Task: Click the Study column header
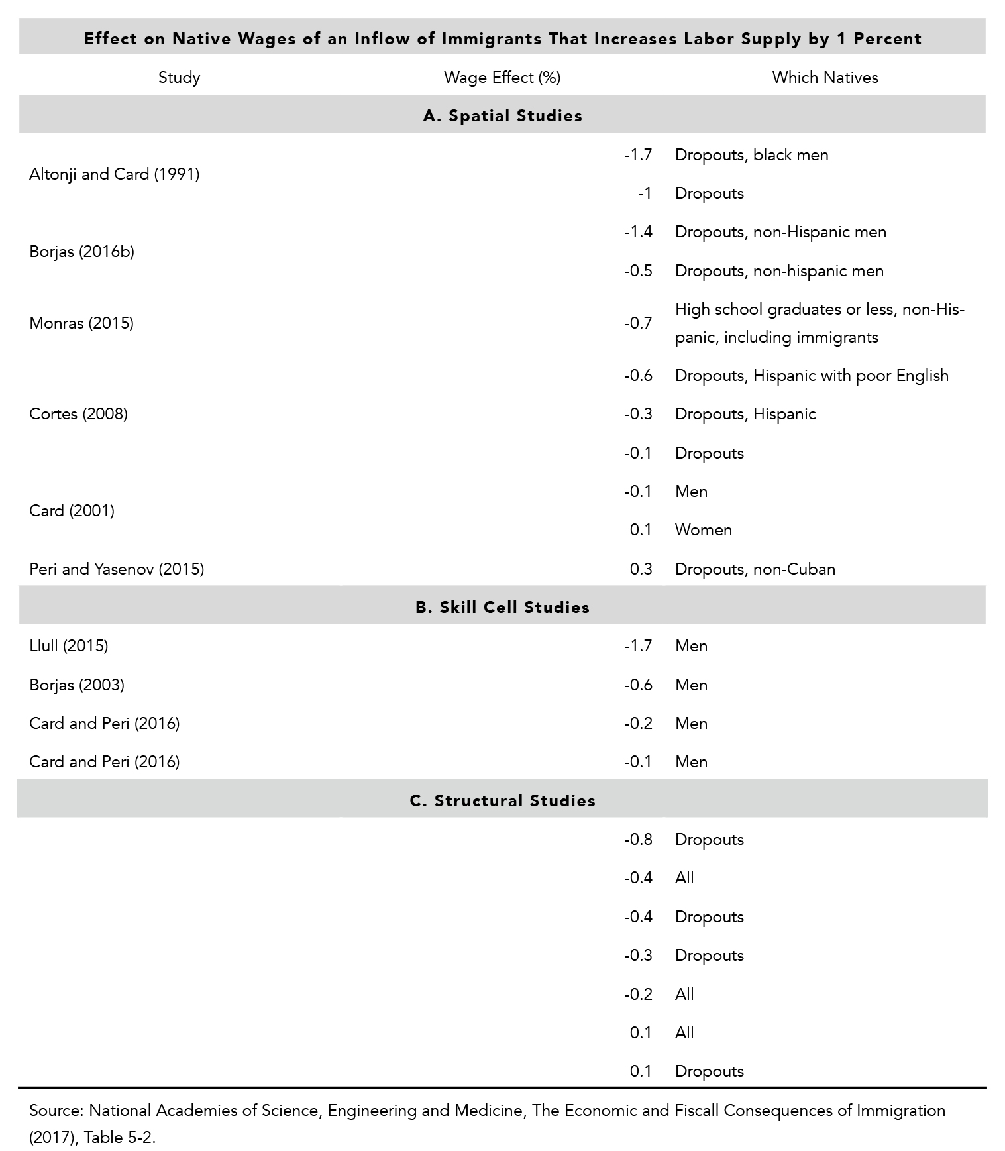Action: pyautogui.click(x=179, y=78)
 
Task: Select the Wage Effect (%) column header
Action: pyautogui.click(x=502, y=78)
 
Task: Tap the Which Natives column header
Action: pyautogui.click(x=825, y=78)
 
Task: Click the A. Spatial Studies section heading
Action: pyautogui.click(x=502, y=116)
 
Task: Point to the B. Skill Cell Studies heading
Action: pyautogui.click(x=502, y=608)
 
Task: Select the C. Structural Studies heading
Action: pyautogui.click(x=502, y=801)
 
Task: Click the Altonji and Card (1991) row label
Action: pyautogui.click(x=114, y=174)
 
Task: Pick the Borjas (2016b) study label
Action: pyautogui.click(x=81, y=252)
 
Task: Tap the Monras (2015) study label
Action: pyautogui.click(x=81, y=323)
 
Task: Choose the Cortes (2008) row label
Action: pyautogui.click(x=78, y=414)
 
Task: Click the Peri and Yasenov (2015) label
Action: pyautogui.click(x=117, y=569)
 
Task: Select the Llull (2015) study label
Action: pyautogui.click(x=68, y=646)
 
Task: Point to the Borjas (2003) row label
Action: pyautogui.click(x=77, y=685)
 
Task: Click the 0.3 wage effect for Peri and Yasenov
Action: pyautogui.click(x=641, y=569)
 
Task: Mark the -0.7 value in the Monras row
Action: pyautogui.click(x=638, y=323)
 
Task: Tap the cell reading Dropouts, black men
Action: pyautogui.click(x=751, y=155)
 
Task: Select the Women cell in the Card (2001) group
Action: pyautogui.click(x=703, y=530)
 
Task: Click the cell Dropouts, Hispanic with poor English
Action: pyautogui.click(x=812, y=376)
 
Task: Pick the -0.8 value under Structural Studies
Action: pyautogui.click(x=638, y=840)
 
